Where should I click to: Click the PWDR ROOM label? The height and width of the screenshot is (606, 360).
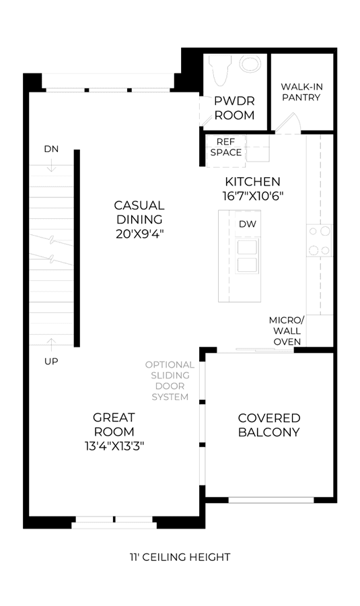(x=234, y=108)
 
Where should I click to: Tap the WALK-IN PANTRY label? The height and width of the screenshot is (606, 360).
(x=301, y=92)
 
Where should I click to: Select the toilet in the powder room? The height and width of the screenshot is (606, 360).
(x=219, y=70)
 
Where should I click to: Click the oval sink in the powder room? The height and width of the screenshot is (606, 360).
(x=250, y=64)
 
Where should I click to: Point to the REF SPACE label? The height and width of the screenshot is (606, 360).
(x=226, y=147)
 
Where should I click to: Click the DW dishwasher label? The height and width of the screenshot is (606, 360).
(x=248, y=224)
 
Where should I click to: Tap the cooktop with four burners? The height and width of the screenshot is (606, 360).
(x=320, y=240)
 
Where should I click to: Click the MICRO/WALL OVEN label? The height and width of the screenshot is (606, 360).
(x=287, y=331)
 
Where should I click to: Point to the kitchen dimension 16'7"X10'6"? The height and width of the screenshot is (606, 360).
(x=253, y=196)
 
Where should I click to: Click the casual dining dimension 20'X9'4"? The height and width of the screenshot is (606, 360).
(x=140, y=234)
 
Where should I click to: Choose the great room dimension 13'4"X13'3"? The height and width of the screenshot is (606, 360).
(x=114, y=446)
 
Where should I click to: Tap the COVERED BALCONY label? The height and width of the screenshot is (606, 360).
(x=269, y=425)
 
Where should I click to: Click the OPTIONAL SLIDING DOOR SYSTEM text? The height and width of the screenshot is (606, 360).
(x=170, y=380)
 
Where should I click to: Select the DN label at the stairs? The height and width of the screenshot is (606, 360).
(x=51, y=149)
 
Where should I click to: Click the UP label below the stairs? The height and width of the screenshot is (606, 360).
(x=51, y=362)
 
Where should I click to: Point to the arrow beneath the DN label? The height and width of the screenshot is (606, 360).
(x=51, y=166)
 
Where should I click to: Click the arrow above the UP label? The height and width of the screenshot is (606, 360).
(x=51, y=344)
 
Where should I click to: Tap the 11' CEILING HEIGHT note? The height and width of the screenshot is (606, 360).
(x=180, y=557)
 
